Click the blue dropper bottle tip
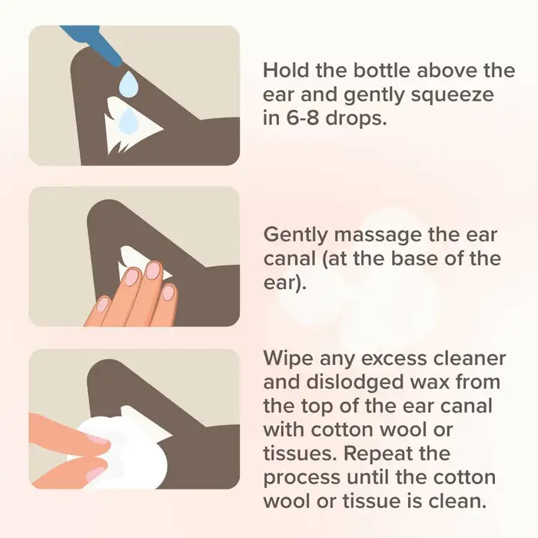118,64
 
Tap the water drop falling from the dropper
129,82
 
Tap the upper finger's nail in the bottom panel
98,439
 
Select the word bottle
382,71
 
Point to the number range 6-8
301,118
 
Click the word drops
355,118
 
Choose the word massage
378,236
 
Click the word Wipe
288,359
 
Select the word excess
394,359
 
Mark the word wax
430,383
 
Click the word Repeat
377,454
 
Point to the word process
302,478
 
